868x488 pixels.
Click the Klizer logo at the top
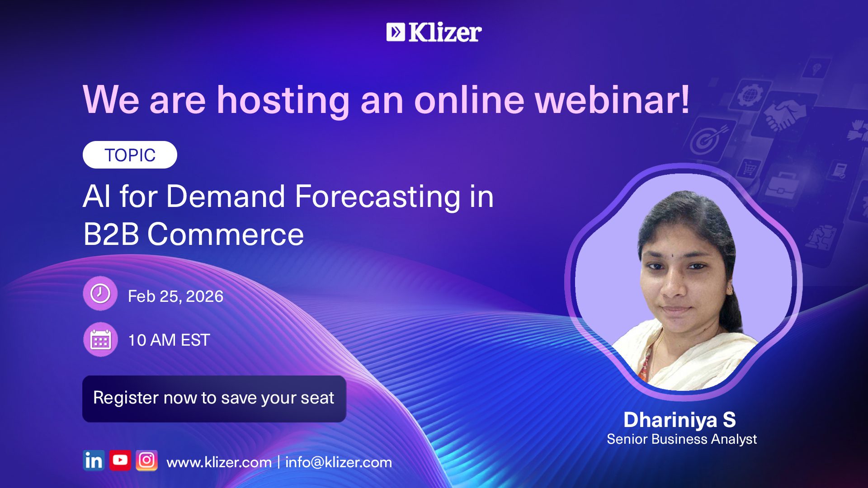tap(434, 32)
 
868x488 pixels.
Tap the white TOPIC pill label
tap(130, 155)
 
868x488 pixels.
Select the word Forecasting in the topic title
tap(377, 197)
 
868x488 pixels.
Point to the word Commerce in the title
tap(226, 235)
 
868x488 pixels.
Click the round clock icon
tap(100, 294)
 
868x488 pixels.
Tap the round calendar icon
tap(100, 339)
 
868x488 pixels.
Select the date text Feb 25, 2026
tap(175, 296)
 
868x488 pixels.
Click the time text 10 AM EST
tap(169, 340)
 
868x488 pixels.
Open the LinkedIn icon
tap(94, 460)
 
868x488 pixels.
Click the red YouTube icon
tap(120, 460)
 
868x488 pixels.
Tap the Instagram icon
tap(146, 460)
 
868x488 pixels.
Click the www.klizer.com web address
tap(219, 462)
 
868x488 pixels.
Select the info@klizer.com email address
tap(339, 462)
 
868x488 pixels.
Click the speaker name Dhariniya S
tap(679, 420)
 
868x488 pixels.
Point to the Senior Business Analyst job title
tap(682, 439)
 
